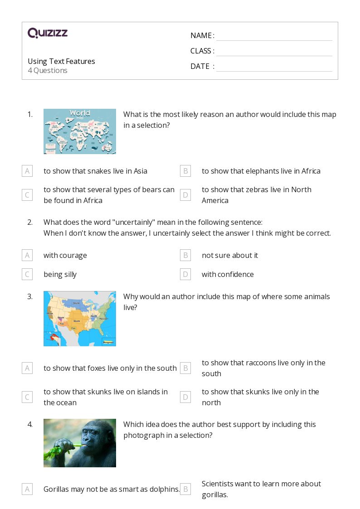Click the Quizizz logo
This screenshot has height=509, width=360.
[x=48, y=33]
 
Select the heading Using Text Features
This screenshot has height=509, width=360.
[x=61, y=61]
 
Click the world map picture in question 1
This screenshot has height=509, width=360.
[x=80, y=131]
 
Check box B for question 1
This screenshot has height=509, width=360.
[x=185, y=171]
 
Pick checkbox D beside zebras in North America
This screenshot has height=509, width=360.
[x=185, y=195]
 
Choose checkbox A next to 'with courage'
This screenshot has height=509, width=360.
[x=27, y=255]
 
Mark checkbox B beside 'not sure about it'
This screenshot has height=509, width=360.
[x=185, y=255]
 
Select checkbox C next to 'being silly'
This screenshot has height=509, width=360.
[x=27, y=274]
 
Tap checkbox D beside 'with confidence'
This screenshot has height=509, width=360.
[x=185, y=274]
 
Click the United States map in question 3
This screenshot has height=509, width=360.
[x=80, y=319]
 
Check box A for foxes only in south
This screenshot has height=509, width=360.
[x=27, y=368]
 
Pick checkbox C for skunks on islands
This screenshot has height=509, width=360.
[x=27, y=397]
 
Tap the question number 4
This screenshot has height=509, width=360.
[x=30, y=424]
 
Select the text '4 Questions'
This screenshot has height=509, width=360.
[x=48, y=71]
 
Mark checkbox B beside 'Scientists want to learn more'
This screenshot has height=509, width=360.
[x=185, y=489]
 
